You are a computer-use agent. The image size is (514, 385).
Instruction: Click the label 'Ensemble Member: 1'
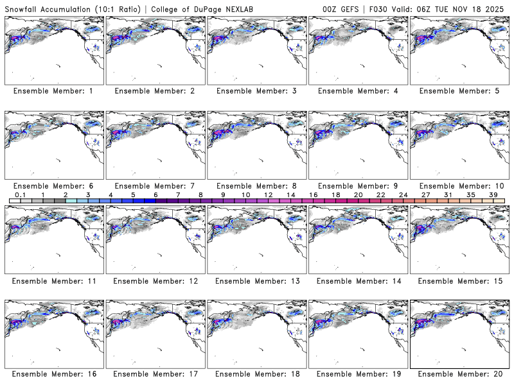[53, 91]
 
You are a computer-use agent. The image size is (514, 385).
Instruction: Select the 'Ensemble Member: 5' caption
[459, 91]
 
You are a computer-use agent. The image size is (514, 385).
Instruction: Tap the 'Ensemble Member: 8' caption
[256, 186]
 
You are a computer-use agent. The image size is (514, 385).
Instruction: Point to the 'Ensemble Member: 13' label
[256, 281]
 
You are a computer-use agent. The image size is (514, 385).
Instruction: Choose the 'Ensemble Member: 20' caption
[459, 375]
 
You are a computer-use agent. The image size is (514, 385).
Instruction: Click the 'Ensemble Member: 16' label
[53, 375]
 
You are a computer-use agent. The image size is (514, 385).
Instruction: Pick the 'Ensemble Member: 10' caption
[459, 186]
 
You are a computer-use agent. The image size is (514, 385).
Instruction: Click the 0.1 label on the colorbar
[20, 194]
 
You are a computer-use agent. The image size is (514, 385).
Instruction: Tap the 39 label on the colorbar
[493, 194]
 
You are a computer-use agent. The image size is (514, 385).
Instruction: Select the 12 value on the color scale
[268, 194]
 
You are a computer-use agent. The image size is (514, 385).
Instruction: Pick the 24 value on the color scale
[403, 194]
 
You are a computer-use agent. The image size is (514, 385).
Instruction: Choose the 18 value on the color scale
[335, 194]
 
